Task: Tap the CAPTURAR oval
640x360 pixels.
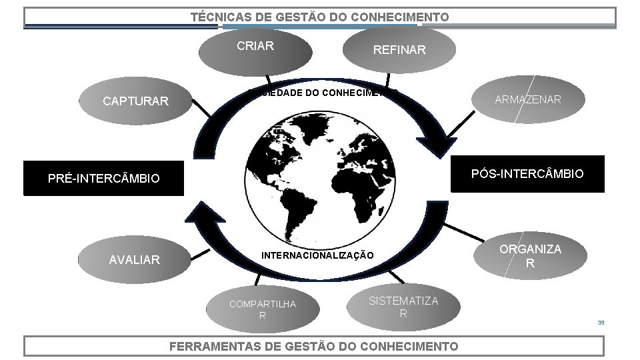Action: [135, 101]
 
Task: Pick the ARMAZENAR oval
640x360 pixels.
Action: [527, 100]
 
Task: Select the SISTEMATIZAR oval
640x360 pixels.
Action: [403, 307]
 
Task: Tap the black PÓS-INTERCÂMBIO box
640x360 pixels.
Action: [527, 174]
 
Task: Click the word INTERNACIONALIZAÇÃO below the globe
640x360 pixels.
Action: [317, 255]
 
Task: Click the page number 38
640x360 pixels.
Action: [601, 322]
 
